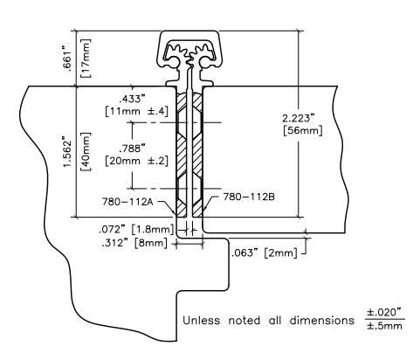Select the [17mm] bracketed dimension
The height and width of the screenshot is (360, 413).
pyautogui.click(x=86, y=59)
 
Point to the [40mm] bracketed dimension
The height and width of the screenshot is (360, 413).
pyautogui.click(x=86, y=152)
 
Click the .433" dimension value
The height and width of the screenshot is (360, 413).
pyautogui.click(x=132, y=99)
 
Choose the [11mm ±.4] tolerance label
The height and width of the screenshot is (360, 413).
pyautogui.click(x=136, y=111)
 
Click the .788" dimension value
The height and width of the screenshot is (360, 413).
pyautogui.click(x=132, y=149)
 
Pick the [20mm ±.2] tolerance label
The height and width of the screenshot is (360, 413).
pyautogui.click(x=136, y=161)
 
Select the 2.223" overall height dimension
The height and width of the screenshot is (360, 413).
pyautogui.click(x=299, y=118)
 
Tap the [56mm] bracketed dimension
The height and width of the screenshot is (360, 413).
pyautogui.click(x=303, y=130)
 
